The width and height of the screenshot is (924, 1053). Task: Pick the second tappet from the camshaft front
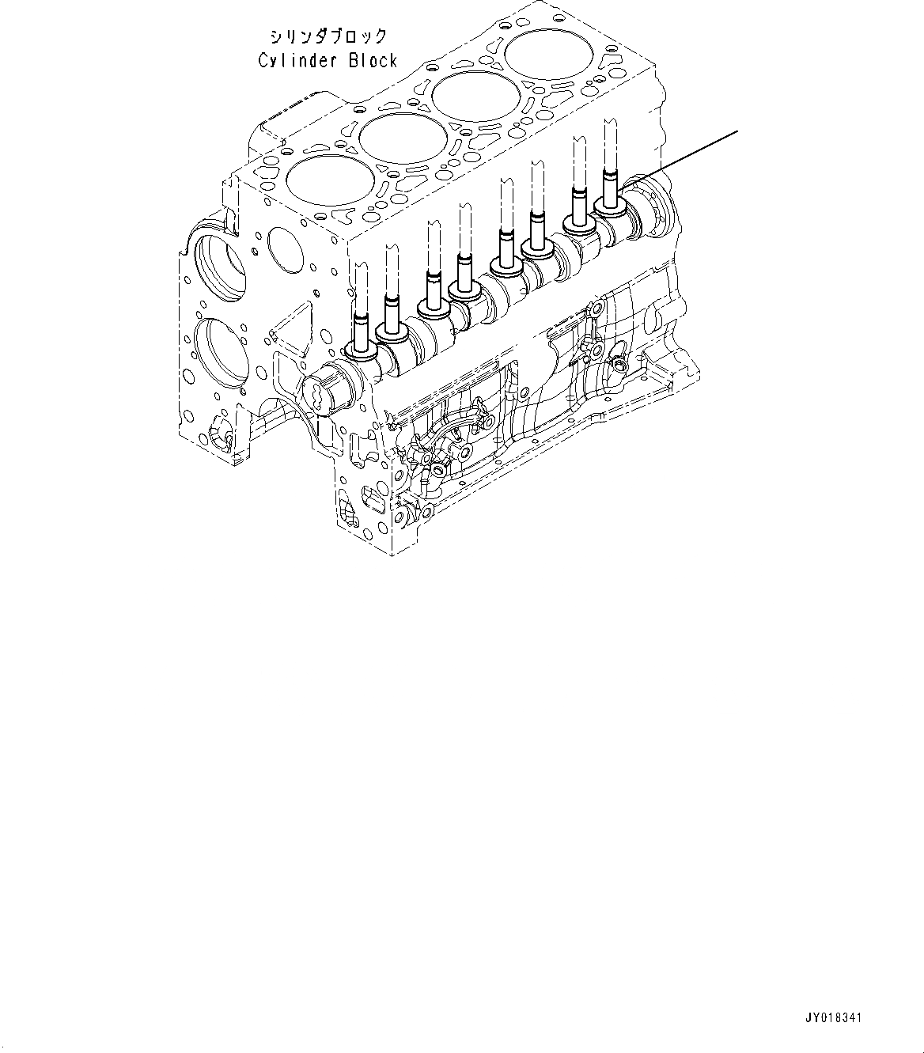click(391, 329)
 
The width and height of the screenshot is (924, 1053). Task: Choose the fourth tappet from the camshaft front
click(464, 286)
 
